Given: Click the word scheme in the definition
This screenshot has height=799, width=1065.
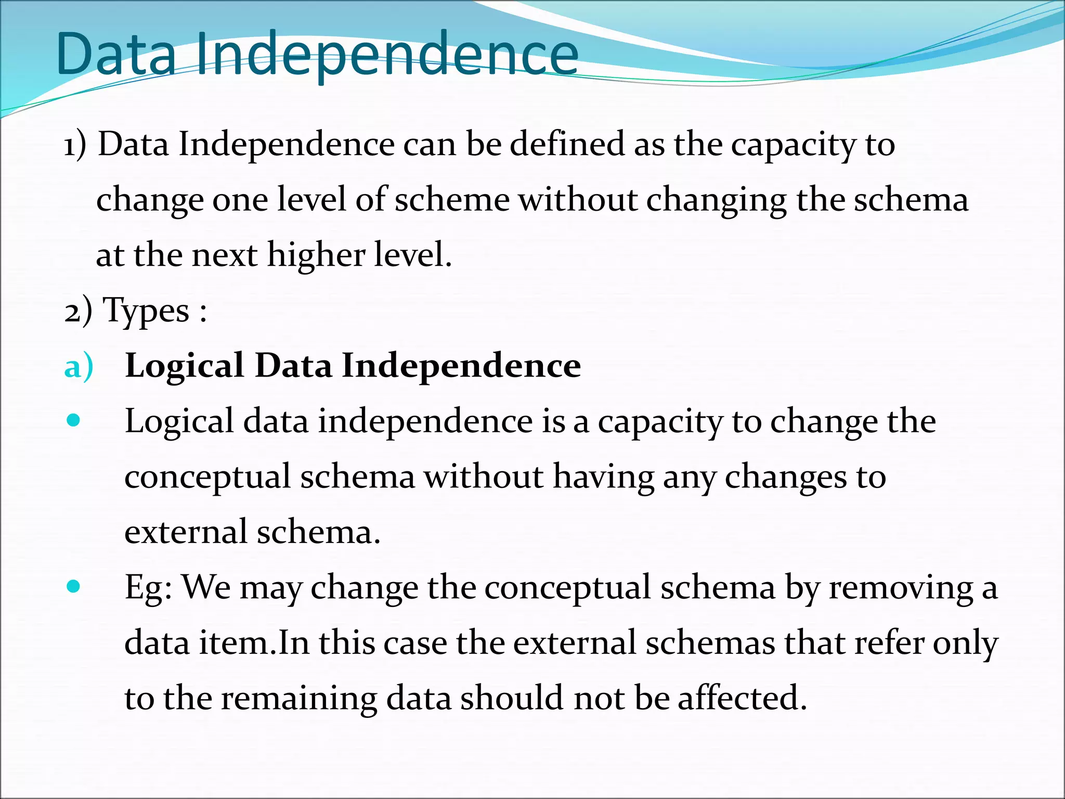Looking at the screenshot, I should click(452, 200).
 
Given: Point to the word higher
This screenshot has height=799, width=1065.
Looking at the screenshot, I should click(316, 256).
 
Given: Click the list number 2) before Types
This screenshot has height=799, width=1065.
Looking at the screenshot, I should click(78, 312).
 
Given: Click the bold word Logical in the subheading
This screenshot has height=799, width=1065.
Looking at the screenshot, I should click(184, 366).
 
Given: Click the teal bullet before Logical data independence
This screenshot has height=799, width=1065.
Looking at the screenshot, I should click(74, 420).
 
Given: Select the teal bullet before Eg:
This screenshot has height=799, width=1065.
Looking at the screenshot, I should click(74, 587).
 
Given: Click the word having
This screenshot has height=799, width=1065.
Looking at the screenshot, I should click(603, 478).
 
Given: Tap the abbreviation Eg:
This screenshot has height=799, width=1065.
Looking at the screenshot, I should click(148, 588).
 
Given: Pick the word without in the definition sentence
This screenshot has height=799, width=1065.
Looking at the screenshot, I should click(578, 200).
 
